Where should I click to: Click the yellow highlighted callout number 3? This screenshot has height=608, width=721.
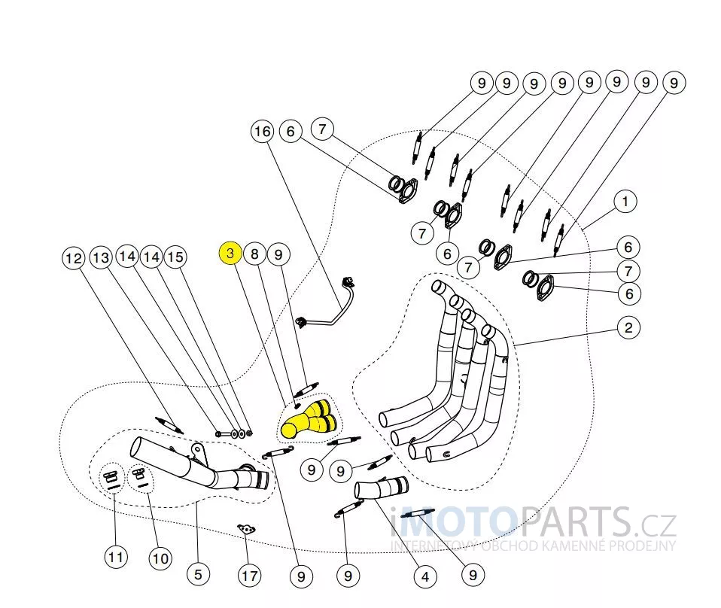point(230,253)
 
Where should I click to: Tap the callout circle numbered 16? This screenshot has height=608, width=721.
point(262,132)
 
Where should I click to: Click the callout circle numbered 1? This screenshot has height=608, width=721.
point(625,202)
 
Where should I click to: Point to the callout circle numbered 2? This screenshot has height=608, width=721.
point(628,328)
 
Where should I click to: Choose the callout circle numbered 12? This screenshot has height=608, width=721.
point(74,258)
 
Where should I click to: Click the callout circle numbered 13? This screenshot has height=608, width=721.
point(101,257)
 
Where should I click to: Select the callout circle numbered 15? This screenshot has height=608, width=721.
point(175,257)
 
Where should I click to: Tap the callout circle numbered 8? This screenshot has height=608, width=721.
point(254,254)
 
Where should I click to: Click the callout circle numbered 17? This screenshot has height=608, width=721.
point(250,576)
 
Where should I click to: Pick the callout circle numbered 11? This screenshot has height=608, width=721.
point(115,558)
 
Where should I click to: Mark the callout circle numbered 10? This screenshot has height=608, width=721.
point(160,559)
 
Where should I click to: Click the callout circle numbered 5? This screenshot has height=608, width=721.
point(198,574)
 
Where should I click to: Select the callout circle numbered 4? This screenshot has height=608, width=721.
point(425,576)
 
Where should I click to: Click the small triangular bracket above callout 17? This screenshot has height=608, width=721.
point(246,529)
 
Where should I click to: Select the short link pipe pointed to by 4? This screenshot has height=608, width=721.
point(381,487)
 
